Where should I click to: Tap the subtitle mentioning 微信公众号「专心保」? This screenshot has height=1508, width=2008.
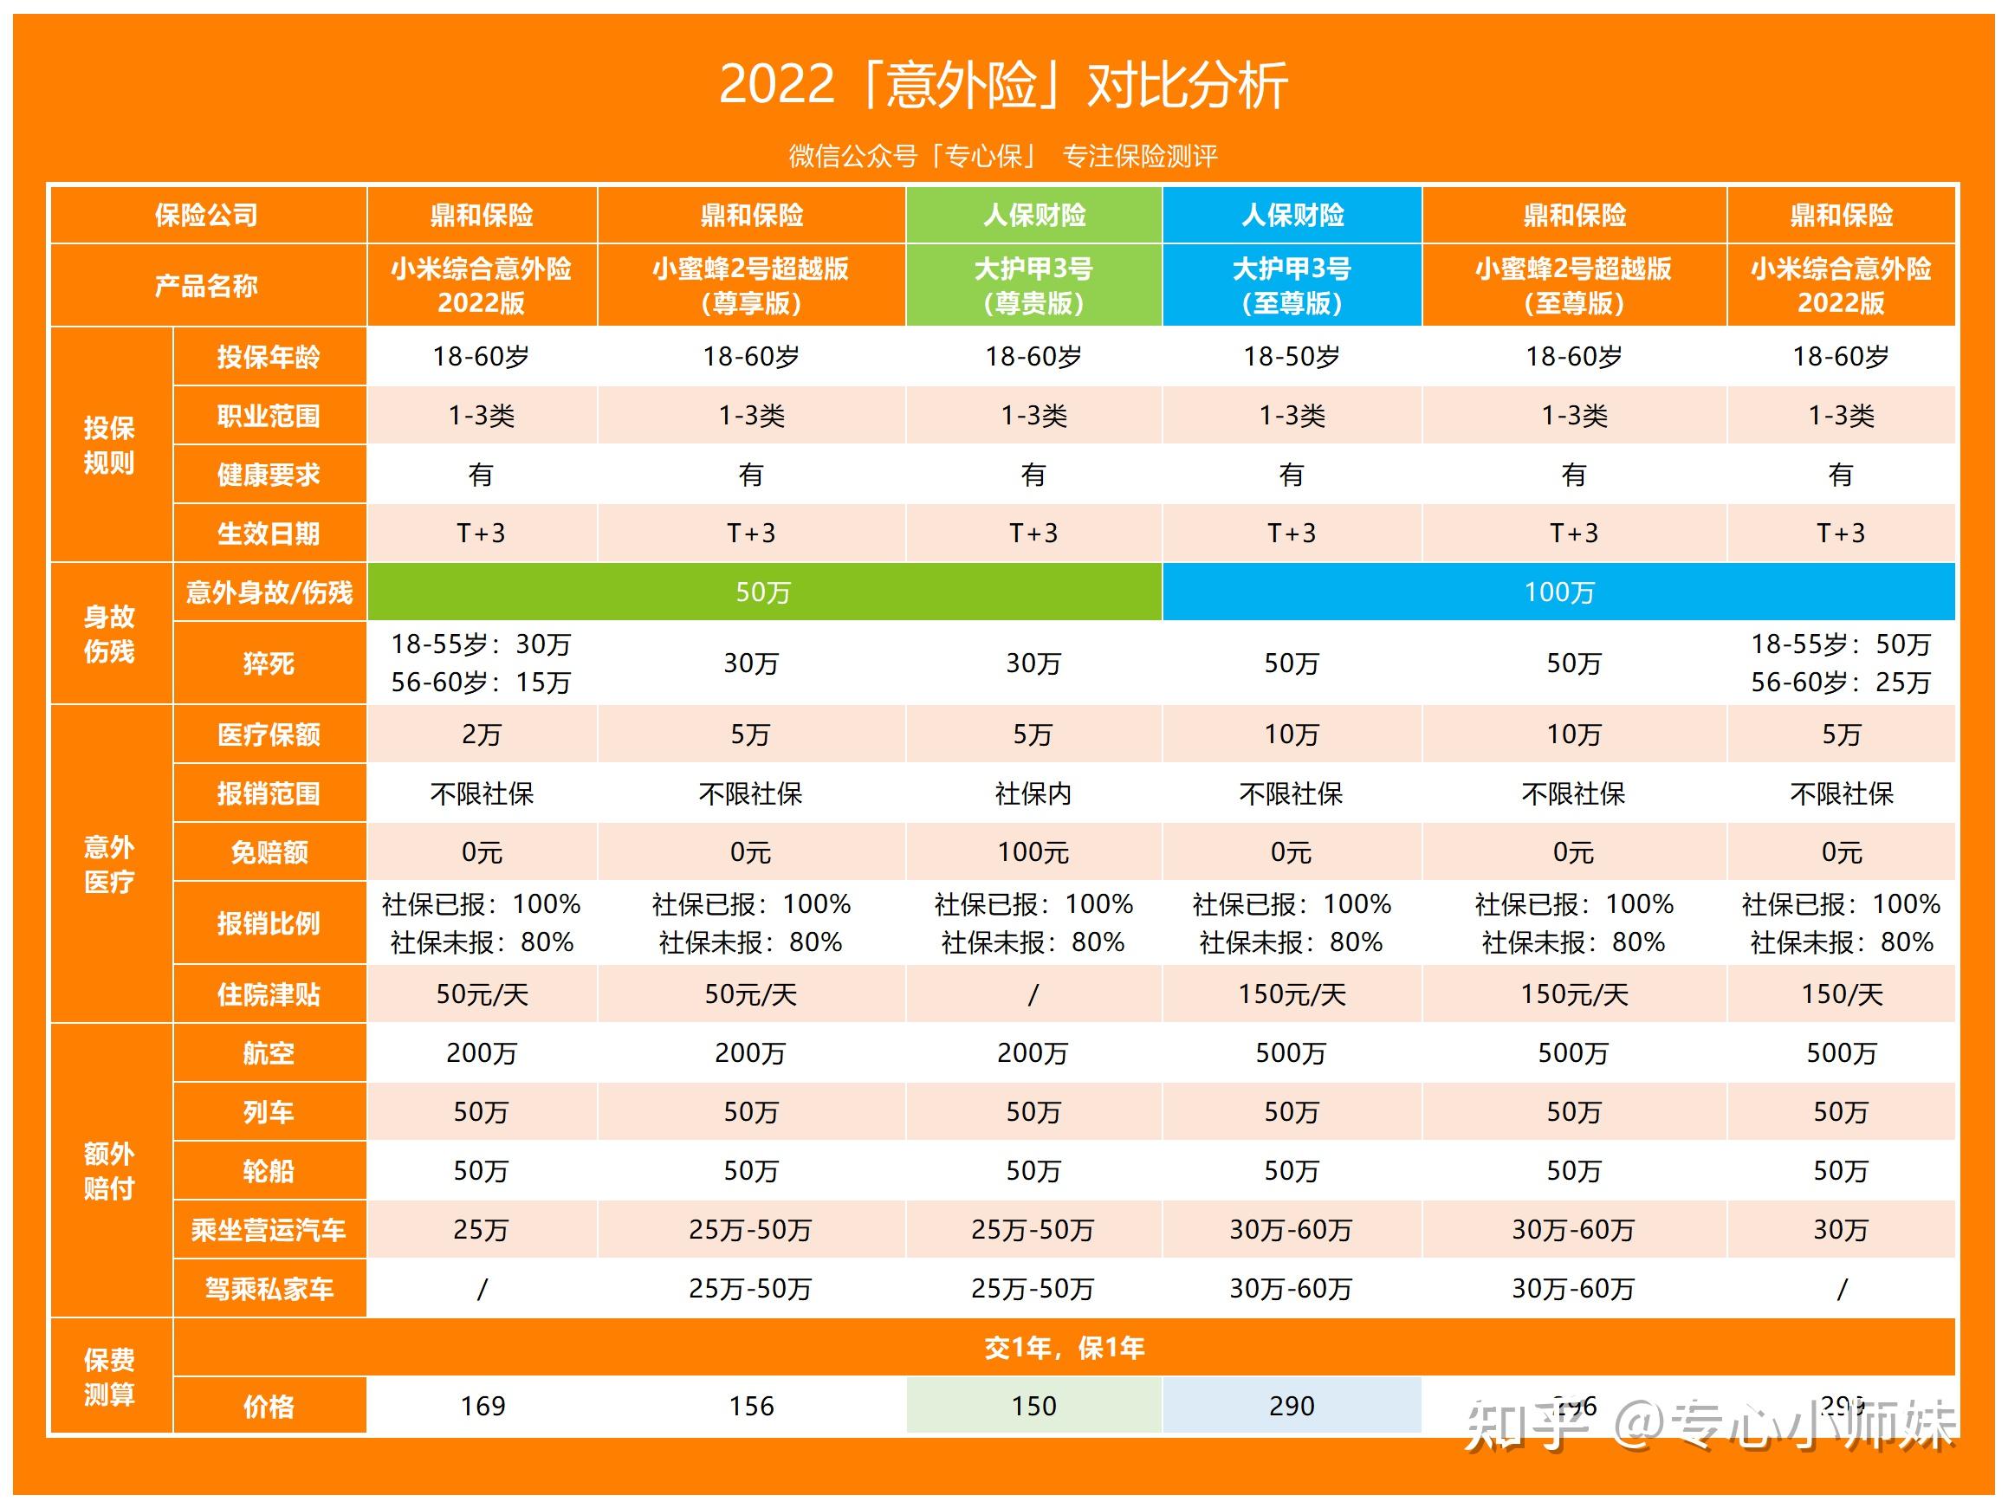point(1003,156)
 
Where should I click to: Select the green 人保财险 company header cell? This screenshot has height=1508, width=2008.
point(1034,215)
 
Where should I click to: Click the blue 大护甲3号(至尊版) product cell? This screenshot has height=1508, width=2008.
point(1291,285)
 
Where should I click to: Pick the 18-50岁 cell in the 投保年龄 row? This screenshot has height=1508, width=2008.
point(1291,357)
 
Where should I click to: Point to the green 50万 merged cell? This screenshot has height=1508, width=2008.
point(762,592)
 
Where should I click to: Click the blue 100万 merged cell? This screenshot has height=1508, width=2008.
point(1558,592)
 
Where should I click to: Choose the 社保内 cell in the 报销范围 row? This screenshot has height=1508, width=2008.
point(1034,793)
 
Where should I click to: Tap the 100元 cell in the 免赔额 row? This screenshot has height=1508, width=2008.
point(1034,851)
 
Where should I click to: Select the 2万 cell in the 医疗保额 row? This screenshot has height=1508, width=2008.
point(481,734)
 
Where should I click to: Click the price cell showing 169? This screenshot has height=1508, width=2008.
point(481,1406)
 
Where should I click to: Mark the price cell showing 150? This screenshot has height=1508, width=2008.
point(1034,1406)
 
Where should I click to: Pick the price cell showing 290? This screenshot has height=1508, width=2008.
point(1291,1406)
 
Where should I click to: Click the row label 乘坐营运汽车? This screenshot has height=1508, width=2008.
point(269,1229)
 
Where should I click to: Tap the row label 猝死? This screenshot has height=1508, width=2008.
point(269,663)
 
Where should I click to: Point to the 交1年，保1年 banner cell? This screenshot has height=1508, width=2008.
point(1064,1347)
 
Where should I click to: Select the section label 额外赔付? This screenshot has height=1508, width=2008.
point(109,1170)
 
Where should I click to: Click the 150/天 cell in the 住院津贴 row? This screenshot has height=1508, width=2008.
point(1841,994)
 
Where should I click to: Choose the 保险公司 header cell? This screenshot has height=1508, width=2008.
point(207,215)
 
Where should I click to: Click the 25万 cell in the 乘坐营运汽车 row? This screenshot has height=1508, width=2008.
point(481,1229)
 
